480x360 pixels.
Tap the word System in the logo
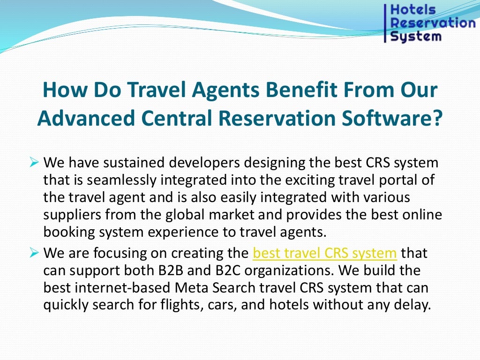point(416,36)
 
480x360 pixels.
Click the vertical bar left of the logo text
point(385,22)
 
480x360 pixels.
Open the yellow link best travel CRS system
point(325,254)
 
